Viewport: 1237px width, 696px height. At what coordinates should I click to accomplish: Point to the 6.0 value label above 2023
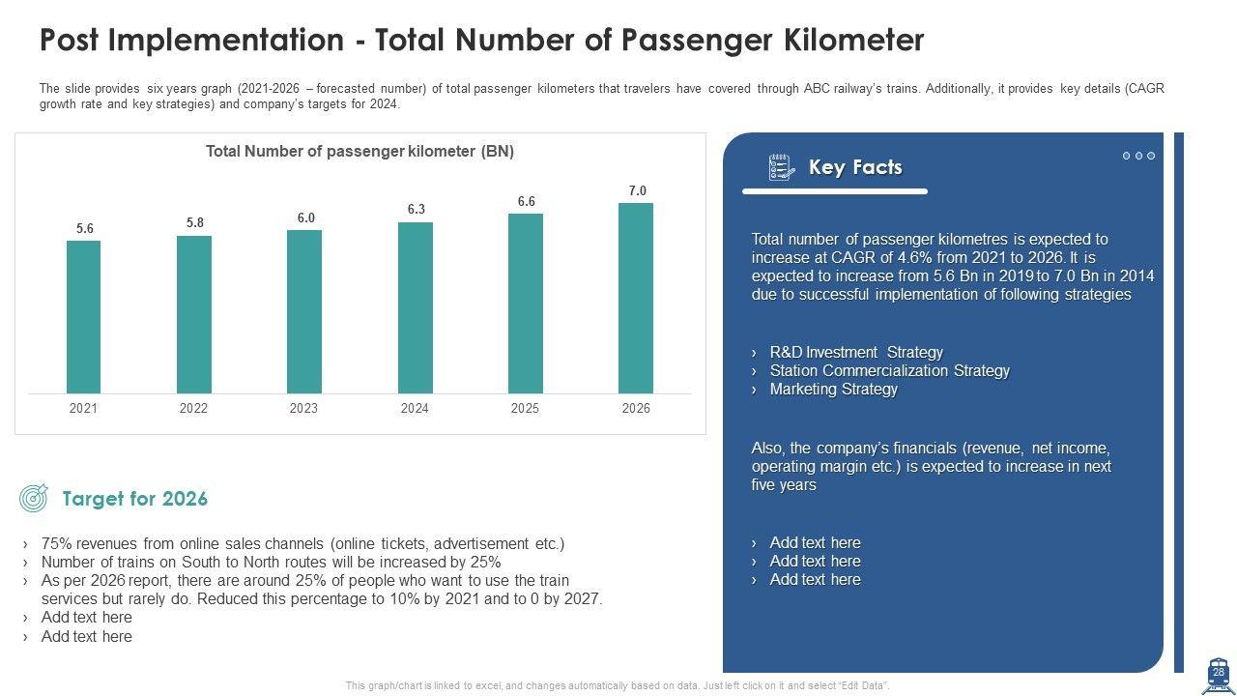pyautogui.click(x=305, y=218)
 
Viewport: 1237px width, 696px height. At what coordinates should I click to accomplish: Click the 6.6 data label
pyautogui.click(x=526, y=202)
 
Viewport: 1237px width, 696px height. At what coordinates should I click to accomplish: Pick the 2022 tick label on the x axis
pyautogui.click(x=193, y=408)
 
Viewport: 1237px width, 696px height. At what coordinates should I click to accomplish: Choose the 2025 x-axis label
pyautogui.click(x=525, y=408)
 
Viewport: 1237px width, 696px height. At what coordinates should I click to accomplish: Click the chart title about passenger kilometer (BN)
pyautogui.click(x=360, y=152)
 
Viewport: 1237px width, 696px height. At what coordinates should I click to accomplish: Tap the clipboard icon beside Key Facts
pyautogui.click(x=781, y=167)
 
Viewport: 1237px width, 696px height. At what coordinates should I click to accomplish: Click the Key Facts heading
pyautogui.click(x=855, y=167)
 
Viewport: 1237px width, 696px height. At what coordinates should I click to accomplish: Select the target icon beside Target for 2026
pyautogui.click(x=34, y=499)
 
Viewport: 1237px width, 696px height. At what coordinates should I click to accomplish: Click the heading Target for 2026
pyautogui.click(x=134, y=499)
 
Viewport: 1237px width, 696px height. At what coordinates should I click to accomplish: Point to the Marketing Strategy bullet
pyautogui.click(x=833, y=390)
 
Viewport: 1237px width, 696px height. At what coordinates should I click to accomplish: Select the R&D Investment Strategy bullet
pyautogui.click(x=855, y=353)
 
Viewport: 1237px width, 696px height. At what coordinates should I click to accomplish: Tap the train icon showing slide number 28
pyautogui.click(x=1217, y=675)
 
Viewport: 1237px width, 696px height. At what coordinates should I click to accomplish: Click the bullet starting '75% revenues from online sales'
pyautogui.click(x=302, y=544)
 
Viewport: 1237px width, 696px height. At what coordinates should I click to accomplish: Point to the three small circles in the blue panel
pyautogui.click(x=1138, y=156)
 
